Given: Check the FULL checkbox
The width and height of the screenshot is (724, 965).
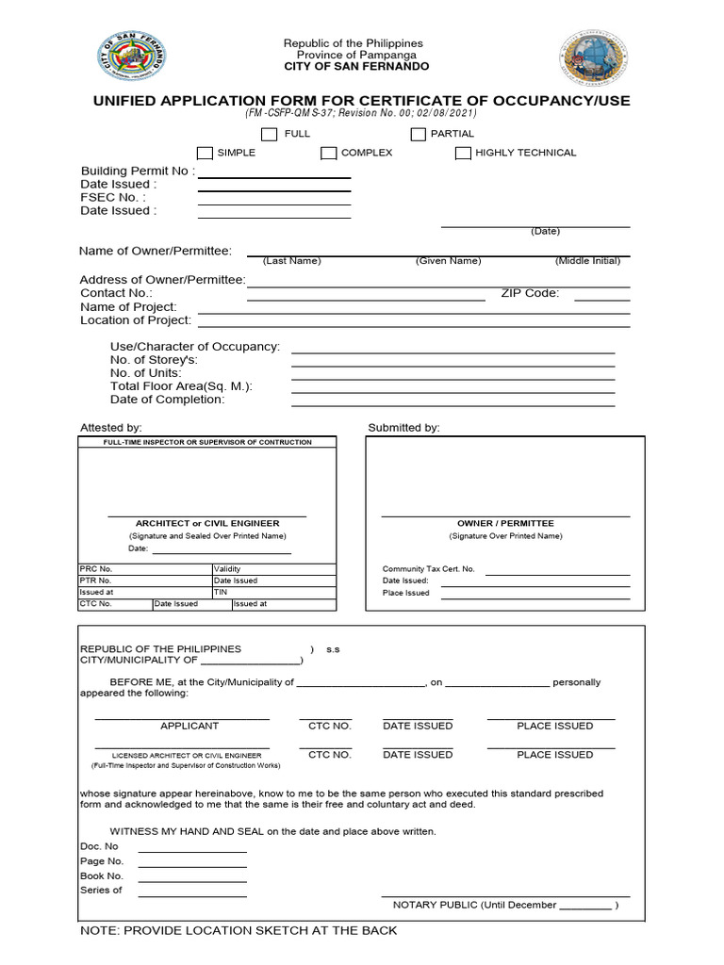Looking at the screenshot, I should [x=270, y=134].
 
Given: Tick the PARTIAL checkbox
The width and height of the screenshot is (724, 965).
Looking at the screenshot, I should [x=418, y=134].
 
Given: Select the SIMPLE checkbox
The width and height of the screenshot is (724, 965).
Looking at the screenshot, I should [x=205, y=153].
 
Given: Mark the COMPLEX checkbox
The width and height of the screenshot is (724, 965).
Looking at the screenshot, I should [x=328, y=153].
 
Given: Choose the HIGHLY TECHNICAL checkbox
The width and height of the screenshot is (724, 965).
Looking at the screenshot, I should [x=463, y=153].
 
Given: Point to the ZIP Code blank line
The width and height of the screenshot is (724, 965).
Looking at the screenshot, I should [x=601, y=298].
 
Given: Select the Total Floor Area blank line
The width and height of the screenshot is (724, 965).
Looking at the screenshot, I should [x=452, y=391].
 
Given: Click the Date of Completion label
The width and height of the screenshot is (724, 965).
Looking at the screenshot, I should [x=168, y=400].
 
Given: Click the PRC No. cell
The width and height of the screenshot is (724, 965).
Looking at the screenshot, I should [x=145, y=569].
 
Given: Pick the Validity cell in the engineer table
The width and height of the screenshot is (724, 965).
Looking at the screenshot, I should [x=273, y=569].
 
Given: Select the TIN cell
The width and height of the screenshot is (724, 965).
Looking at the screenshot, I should [x=273, y=592].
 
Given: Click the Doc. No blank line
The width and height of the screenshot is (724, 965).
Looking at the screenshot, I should [x=192, y=850].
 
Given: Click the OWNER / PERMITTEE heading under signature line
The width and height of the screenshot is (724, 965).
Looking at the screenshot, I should [x=505, y=523].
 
